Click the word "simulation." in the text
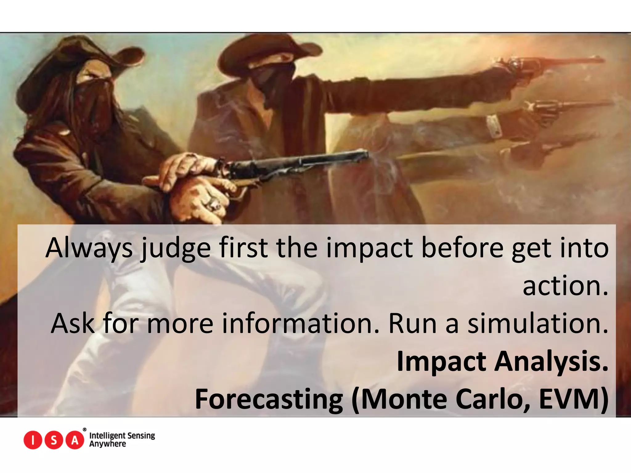pyautogui.click(x=538, y=323)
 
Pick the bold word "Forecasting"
pyautogui.click(x=269, y=399)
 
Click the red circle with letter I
pyautogui.click(x=33, y=440)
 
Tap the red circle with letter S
pyautogui.click(x=54, y=440)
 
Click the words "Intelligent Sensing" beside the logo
pyautogui.click(x=122, y=435)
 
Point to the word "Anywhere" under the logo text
pyautogui.click(x=108, y=444)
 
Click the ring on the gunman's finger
pyautogui.click(x=214, y=203)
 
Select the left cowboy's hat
pyautogui.click(x=80, y=59)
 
